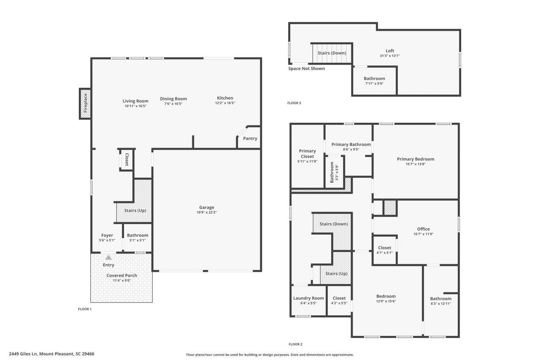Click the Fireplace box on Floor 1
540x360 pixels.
point(85,104)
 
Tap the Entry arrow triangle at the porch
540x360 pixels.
point(108,257)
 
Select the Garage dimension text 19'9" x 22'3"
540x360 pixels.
point(207,212)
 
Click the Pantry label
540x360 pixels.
point(250,138)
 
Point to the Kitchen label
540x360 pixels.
point(225,98)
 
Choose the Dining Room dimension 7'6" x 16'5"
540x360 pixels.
point(173,104)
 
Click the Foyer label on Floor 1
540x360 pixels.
point(107,235)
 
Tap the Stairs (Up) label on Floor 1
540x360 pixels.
point(135,211)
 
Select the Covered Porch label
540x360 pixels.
point(122,275)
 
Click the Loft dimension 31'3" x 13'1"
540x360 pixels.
point(390,56)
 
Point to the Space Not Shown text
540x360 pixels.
point(307,68)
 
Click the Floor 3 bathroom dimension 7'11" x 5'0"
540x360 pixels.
point(374,84)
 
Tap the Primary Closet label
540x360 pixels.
point(308,154)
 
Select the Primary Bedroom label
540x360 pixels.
point(416,159)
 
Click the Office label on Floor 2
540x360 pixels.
point(424,229)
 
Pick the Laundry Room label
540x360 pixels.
point(308,298)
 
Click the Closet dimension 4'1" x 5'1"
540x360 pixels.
point(384,253)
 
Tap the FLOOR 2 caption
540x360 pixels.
point(296,344)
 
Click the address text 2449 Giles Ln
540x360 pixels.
point(23,354)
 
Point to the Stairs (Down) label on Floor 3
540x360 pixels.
point(332,53)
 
